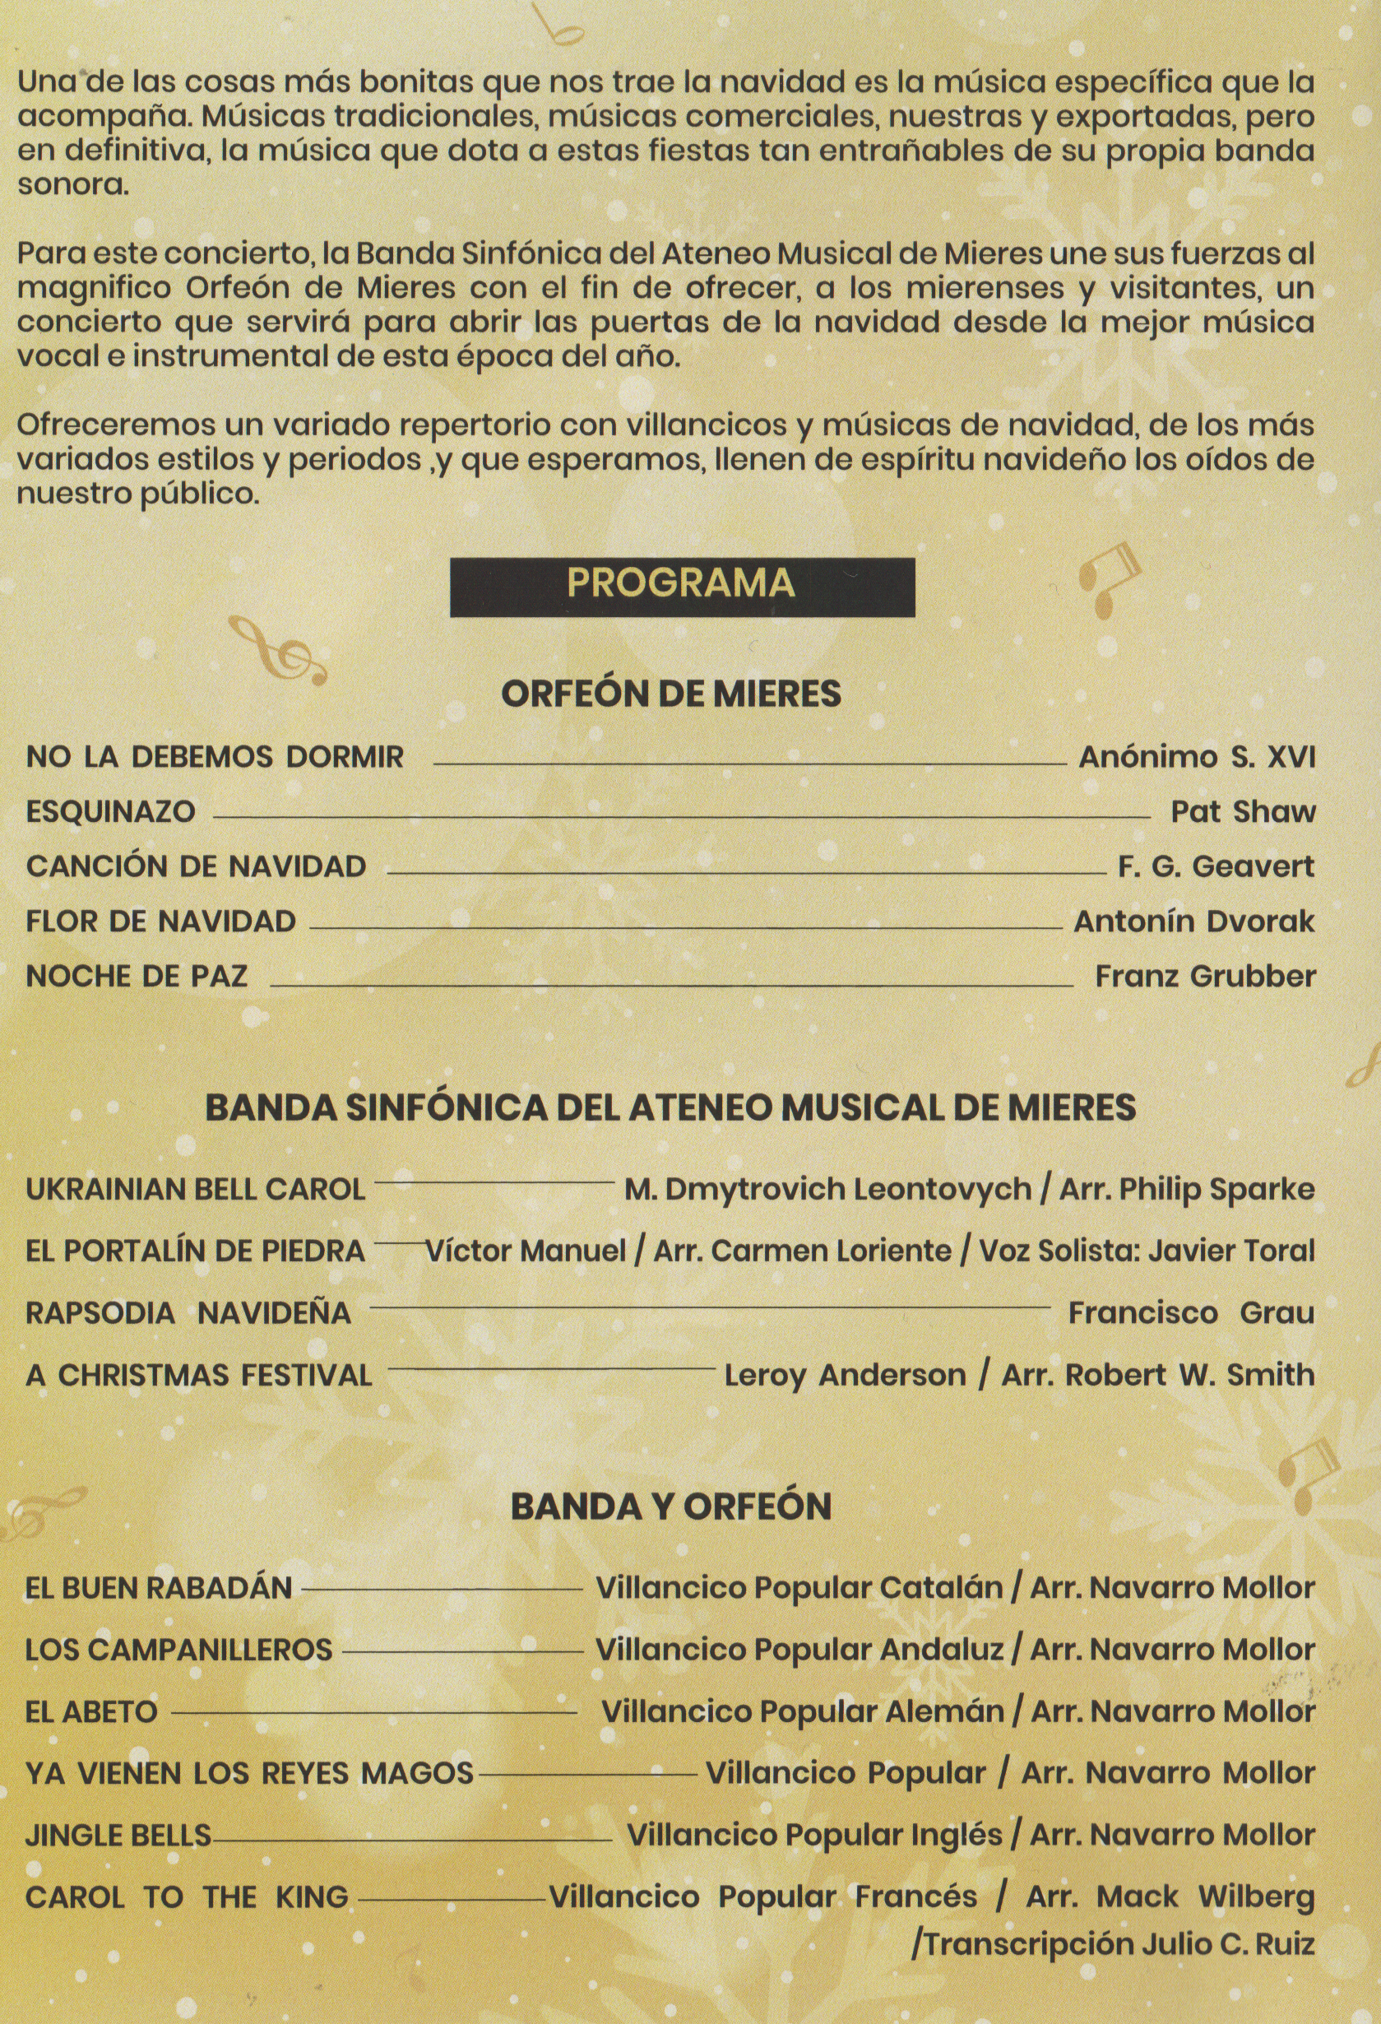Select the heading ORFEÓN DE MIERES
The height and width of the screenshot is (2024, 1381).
[x=671, y=694]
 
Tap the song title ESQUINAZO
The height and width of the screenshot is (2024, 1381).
[x=110, y=812]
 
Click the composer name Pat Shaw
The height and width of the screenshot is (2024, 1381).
[x=1243, y=812]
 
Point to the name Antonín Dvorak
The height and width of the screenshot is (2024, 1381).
[x=1193, y=921]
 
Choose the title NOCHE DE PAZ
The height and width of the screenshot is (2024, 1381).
[x=137, y=977]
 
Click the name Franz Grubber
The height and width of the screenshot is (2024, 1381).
[x=1205, y=977]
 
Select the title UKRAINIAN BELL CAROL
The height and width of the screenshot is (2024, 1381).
[x=195, y=1190]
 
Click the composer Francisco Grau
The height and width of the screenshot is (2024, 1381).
[x=1191, y=1313]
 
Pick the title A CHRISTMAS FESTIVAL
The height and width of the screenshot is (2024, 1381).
[x=198, y=1375]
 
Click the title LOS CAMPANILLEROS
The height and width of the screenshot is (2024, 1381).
[x=178, y=1650]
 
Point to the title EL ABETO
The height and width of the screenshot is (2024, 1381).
[x=90, y=1712]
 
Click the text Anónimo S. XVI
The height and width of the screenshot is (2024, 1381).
[x=1198, y=757]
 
